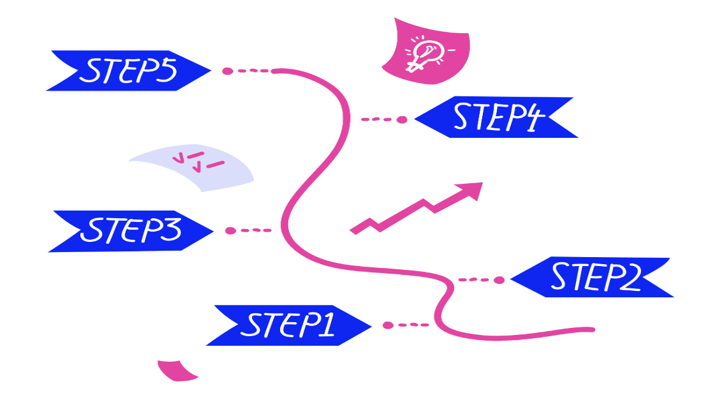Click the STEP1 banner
pos(290,325)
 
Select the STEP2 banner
pos(593,278)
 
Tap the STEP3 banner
pos(131,230)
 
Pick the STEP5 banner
pos(128,71)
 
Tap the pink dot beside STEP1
pos(388,325)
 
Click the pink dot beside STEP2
pos(499,279)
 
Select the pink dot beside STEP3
pos(230,230)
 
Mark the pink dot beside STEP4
pos(401,119)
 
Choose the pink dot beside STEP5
pos(227,71)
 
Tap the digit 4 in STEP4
pos(532,119)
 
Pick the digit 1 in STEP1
pos(325,325)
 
